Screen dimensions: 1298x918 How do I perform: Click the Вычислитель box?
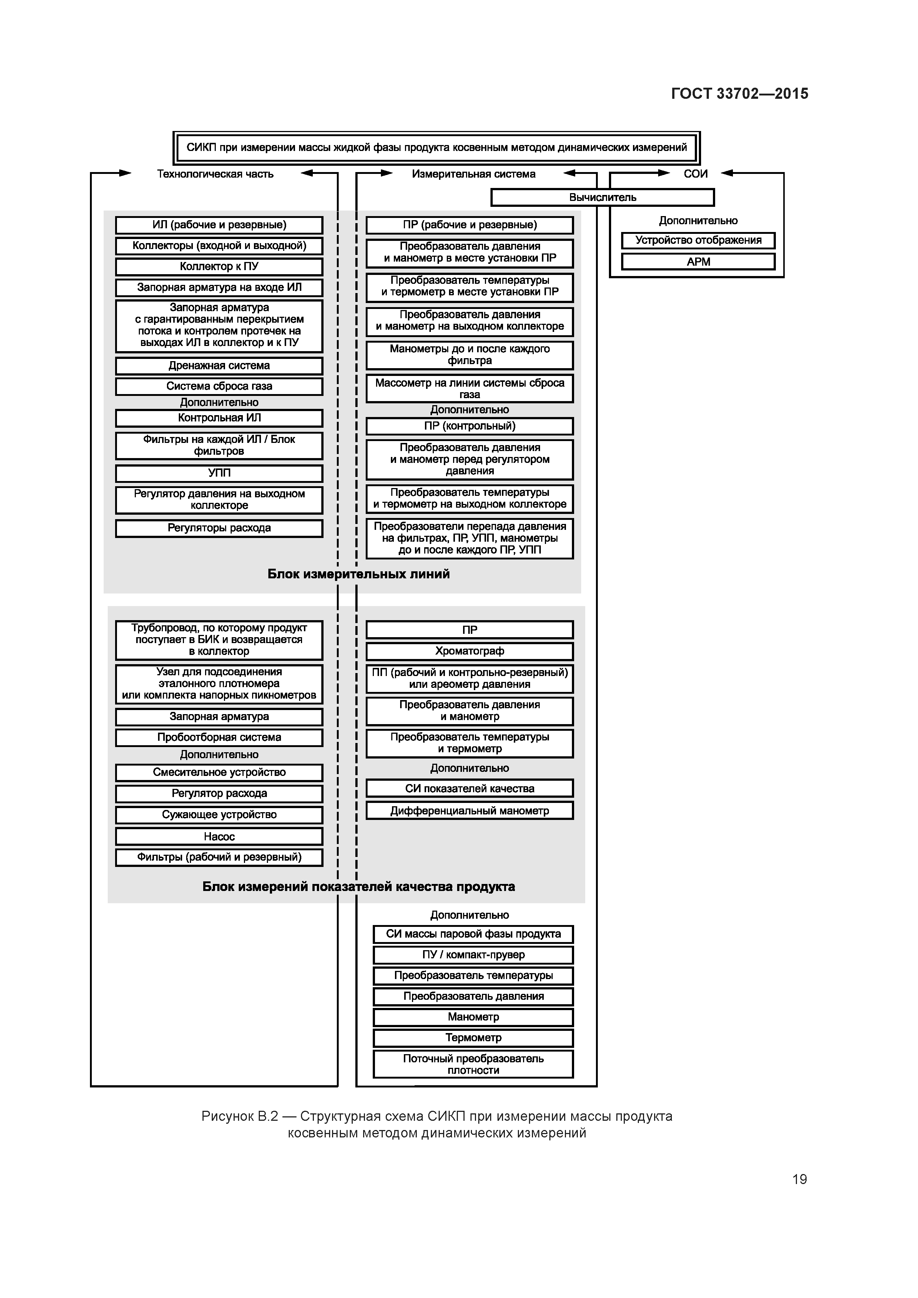[602, 197]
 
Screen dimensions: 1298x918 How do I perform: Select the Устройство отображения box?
[698, 240]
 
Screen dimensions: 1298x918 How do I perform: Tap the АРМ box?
[698, 262]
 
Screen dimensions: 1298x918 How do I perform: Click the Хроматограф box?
[469, 651]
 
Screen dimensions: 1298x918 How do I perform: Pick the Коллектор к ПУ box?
[219, 266]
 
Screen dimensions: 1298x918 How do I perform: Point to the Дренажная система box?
[219, 366]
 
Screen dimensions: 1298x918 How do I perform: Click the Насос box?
[219, 836]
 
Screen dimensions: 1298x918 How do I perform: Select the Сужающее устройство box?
[219, 815]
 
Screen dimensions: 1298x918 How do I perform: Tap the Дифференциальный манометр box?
[469, 811]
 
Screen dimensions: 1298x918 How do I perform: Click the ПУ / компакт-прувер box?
[473, 955]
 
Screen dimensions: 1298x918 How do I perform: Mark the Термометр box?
[473, 1038]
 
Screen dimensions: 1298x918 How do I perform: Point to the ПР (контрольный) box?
[469, 426]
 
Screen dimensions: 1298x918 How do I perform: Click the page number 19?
[799, 1179]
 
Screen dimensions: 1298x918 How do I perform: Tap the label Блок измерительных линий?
[359, 574]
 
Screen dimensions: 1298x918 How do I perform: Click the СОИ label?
[695, 174]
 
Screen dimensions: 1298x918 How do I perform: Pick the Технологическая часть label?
[215, 174]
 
